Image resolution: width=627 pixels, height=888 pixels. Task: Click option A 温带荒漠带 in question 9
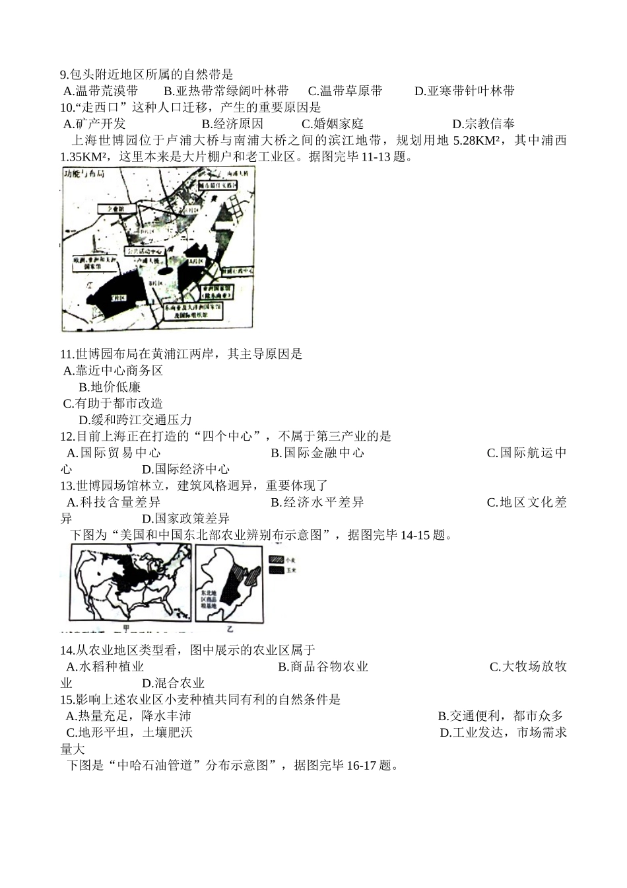coord(106,91)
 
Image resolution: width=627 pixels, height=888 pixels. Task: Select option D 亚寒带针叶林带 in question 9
coord(465,91)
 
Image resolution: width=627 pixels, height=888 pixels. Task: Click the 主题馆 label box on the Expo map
coord(116,209)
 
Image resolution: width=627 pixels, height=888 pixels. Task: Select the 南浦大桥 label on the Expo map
coord(237,174)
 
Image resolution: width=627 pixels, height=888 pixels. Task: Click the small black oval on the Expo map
coord(165,272)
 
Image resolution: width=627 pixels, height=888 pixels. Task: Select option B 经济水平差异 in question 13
coord(317,502)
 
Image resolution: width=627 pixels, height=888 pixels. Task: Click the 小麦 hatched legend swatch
coord(276,559)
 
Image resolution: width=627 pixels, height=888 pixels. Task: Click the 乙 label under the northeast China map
coord(230,628)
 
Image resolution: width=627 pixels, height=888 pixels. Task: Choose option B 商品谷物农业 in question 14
coord(323,667)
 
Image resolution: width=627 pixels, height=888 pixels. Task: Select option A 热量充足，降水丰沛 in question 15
coord(129,716)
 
